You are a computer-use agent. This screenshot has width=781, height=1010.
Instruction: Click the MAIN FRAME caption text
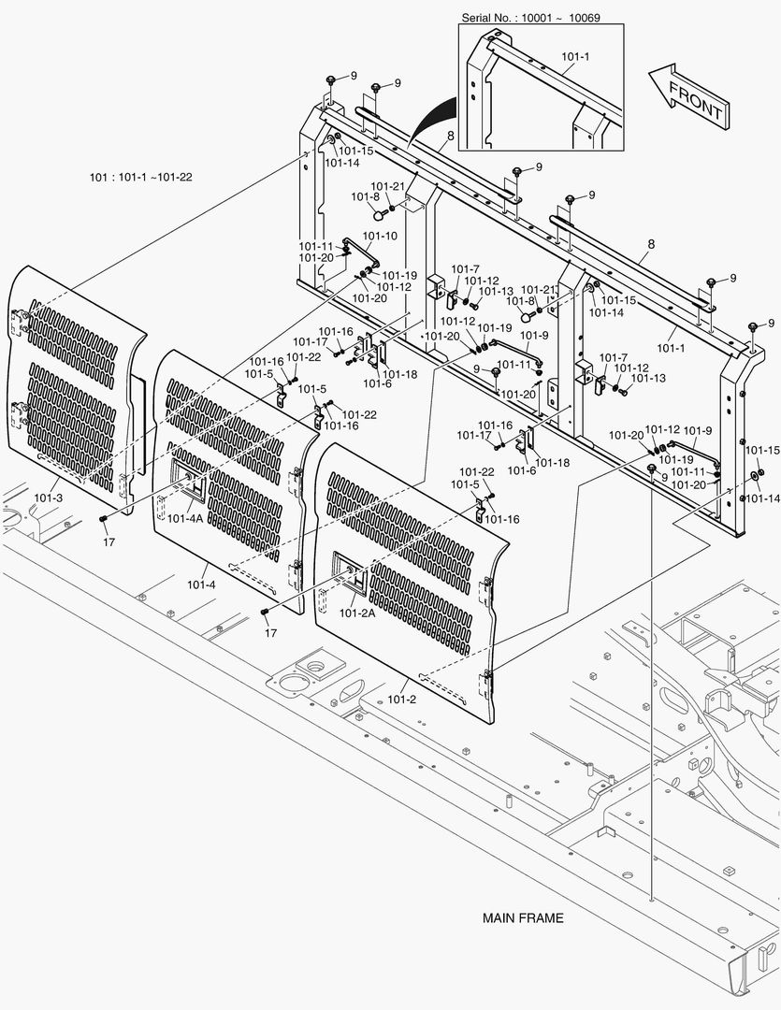point(523,918)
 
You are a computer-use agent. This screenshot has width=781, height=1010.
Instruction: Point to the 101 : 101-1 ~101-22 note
point(140,178)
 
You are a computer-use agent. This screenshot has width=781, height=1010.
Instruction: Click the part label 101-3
point(48,498)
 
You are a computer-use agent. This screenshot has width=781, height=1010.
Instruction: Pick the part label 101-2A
point(356,613)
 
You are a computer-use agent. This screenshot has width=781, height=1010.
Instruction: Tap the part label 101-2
point(402,699)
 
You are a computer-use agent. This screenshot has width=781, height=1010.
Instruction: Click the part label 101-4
point(201,584)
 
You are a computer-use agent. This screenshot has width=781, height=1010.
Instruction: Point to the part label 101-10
point(379,237)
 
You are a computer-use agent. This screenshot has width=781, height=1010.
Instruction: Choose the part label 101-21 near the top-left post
point(387,186)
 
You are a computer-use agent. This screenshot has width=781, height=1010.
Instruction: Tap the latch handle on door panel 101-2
point(343,575)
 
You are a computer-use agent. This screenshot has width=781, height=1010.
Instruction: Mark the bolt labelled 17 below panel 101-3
point(104,520)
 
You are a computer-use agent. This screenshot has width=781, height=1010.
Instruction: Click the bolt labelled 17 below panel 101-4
point(266,612)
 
